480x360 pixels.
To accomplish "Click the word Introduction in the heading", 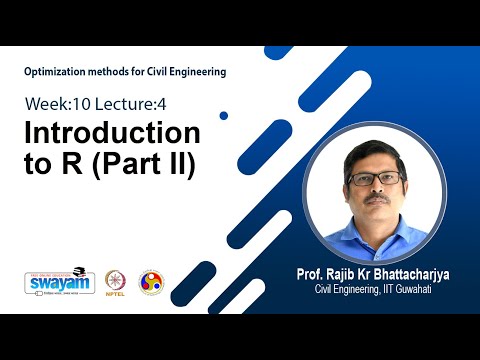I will (111, 133).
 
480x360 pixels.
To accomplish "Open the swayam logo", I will (52, 282).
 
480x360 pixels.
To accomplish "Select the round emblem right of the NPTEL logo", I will (151, 282).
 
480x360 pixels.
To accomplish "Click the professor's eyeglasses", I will (375, 179).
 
